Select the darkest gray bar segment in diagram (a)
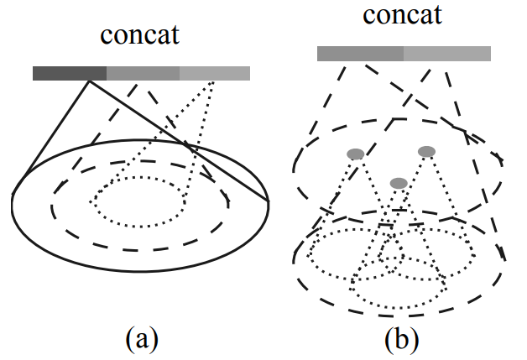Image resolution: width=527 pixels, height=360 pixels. pyautogui.click(x=70, y=73)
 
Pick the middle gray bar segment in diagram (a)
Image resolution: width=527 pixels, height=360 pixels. pyautogui.click(x=143, y=73)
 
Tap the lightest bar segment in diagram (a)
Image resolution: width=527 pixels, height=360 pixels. pyautogui.click(x=215, y=73)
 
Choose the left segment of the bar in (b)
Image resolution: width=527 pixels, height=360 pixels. pyautogui.click(x=361, y=54)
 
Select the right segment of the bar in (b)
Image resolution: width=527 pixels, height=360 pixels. pyautogui.click(x=447, y=54)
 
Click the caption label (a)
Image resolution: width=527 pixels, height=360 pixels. pyautogui.click(x=141, y=339)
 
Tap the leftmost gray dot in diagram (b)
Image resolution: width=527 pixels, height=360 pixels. pyautogui.click(x=356, y=154)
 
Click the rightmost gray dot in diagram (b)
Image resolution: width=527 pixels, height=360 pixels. pyautogui.click(x=427, y=151)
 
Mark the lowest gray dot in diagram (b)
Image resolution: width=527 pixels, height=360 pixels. pyautogui.click(x=399, y=183)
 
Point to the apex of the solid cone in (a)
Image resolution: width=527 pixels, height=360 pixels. pyautogui.click(x=88, y=81)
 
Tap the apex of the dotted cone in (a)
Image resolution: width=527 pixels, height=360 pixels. pyautogui.click(x=215, y=81)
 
